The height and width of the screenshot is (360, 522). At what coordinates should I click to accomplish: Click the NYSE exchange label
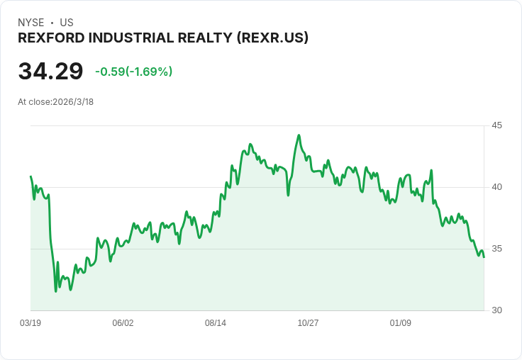tap(30, 23)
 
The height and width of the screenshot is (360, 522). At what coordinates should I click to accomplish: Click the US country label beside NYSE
tap(67, 23)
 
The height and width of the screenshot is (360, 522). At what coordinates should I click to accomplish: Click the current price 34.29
tap(50, 72)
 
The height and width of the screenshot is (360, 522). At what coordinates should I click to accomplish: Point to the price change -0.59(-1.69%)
tap(133, 72)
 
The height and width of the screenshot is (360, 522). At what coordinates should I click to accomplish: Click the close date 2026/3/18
tap(73, 101)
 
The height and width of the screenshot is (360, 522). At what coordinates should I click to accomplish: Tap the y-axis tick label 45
tap(497, 125)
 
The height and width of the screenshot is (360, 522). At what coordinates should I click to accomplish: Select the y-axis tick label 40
tap(497, 187)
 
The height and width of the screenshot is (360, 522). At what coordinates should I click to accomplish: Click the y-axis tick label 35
tap(497, 249)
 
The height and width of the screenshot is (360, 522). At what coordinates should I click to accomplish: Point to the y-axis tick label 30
tap(497, 310)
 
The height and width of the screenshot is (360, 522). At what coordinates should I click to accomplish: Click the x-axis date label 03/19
tap(30, 323)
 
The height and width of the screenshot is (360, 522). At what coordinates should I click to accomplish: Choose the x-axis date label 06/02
tap(123, 323)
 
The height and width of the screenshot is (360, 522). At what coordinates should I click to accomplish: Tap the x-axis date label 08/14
tap(216, 323)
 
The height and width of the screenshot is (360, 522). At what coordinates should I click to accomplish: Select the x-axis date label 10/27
tap(308, 323)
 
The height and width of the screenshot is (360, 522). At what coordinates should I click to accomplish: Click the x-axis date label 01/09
tap(401, 323)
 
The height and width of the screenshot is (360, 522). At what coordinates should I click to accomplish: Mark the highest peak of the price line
tap(299, 135)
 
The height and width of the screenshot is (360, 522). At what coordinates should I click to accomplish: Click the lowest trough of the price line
tap(55, 291)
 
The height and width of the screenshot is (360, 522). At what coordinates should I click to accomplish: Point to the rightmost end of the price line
tap(484, 257)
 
